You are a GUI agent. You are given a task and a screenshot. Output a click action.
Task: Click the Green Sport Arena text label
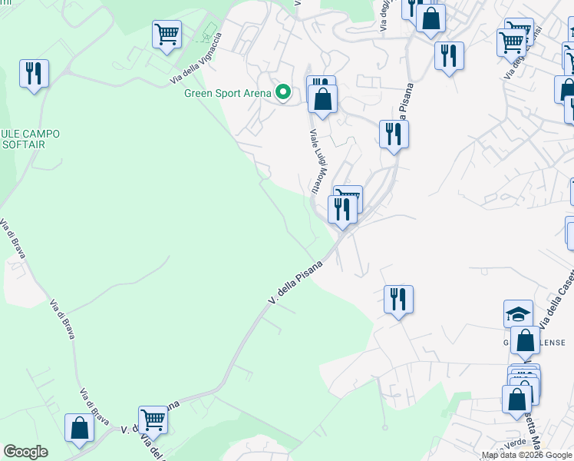(228, 94)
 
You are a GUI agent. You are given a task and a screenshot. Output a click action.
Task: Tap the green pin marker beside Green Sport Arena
(283, 93)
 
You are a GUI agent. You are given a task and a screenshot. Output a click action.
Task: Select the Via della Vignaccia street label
(196, 60)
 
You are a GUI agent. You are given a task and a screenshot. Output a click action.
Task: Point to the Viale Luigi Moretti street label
(315, 161)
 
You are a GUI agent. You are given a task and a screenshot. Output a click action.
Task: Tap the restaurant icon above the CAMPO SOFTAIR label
(34, 74)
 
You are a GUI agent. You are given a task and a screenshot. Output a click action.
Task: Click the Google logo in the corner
(25, 452)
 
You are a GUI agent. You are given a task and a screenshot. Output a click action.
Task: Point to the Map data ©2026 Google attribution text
(527, 456)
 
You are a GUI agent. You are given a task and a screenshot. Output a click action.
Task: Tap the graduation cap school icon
(518, 313)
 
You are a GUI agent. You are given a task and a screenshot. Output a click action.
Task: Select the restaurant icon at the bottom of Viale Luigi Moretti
(342, 209)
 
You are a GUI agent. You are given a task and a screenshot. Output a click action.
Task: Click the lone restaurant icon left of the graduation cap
(398, 299)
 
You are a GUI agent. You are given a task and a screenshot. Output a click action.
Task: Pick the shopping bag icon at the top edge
(430, 18)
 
